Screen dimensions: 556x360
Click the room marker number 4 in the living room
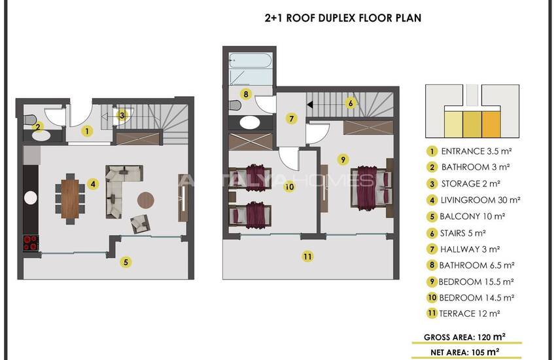(x=93, y=184)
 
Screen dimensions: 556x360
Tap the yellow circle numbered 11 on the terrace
(x=307, y=257)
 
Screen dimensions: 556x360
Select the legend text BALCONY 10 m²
(x=472, y=217)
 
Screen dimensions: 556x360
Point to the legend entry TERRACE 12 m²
(x=470, y=314)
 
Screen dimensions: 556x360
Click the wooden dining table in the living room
(x=70, y=198)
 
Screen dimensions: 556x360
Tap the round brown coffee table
(x=146, y=200)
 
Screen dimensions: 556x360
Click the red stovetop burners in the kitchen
(x=31, y=243)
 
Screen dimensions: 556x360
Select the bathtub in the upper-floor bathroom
(x=250, y=60)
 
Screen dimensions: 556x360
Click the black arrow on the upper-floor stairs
(x=310, y=105)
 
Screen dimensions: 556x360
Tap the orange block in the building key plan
(x=491, y=124)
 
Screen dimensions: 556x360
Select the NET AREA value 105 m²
(x=485, y=352)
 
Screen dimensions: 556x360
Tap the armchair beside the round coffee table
(x=140, y=224)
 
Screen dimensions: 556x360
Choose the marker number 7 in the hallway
(x=292, y=118)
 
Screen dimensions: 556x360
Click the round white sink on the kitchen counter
(x=31, y=198)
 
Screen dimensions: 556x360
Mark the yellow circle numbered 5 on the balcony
(x=126, y=262)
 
